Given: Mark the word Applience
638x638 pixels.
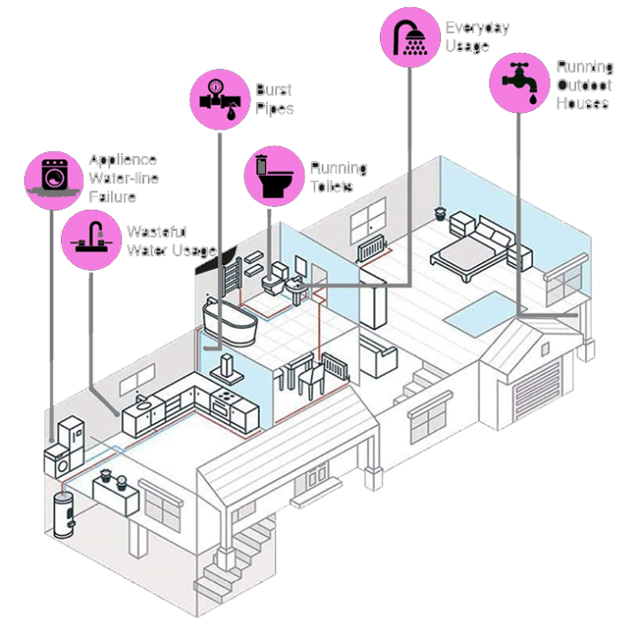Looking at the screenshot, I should point(123,160).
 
